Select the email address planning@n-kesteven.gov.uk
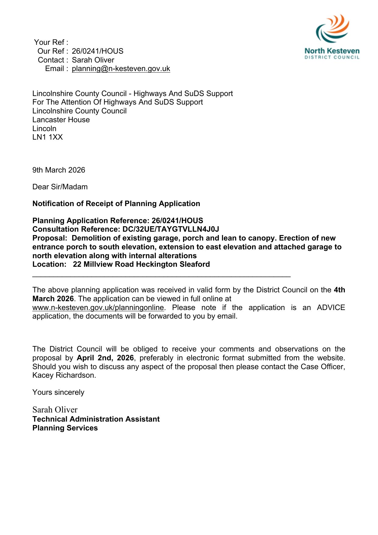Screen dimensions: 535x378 click(x=121, y=69)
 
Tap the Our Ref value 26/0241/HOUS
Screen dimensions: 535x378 click(x=97, y=51)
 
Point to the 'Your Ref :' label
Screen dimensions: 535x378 click(x=51, y=42)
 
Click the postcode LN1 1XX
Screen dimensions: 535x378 click(x=48, y=137)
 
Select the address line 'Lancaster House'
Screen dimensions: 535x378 click(x=61, y=120)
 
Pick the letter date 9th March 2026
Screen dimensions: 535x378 click(x=59, y=170)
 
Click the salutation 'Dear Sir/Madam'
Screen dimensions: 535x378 click(x=60, y=187)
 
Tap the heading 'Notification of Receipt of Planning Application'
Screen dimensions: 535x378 click(x=116, y=204)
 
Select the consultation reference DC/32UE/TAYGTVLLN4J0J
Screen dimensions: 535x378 click(x=171, y=229)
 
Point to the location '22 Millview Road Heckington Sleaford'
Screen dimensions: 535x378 click(x=141, y=264)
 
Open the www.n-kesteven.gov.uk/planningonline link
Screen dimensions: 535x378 click(x=98, y=308)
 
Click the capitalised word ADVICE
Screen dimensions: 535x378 click(x=331, y=308)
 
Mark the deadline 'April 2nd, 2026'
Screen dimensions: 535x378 click(x=105, y=358)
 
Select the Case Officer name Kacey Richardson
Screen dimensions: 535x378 click(x=64, y=375)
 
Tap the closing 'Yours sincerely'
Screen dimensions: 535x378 click(x=58, y=392)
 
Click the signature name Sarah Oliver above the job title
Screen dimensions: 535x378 click(x=55, y=410)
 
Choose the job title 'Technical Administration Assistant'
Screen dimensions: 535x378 click(x=96, y=419)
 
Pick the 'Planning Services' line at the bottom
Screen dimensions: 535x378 click(x=65, y=428)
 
